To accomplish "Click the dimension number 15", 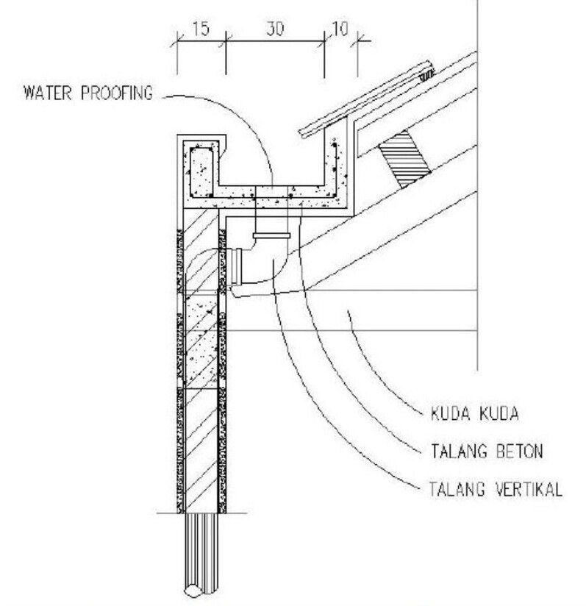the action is pos(201,29).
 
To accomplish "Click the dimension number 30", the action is pos(275,29).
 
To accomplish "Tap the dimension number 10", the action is pos(340,29).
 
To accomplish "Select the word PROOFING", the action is pos(117,93).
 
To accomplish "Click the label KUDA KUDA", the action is pos(474,414).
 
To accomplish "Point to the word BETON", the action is pos(520,452).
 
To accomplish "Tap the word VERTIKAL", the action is pos(529,489).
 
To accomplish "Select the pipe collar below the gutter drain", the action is pos(271,235).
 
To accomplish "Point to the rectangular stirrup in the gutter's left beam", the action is pos(201,171).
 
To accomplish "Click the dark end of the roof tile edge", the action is pos(427,74).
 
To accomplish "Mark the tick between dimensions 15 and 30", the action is pos(226,40).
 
